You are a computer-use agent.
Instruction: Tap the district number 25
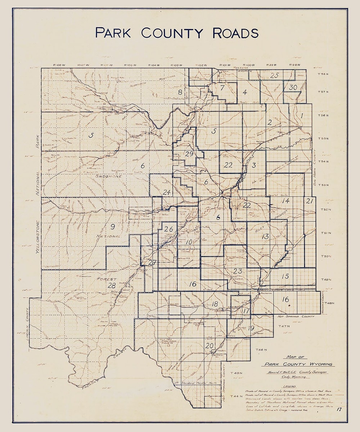pyautogui.click(x=274, y=75)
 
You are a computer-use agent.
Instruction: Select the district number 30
pyautogui.click(x=293, y=87)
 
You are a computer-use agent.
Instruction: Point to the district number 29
pyautogui.click(x=189, y=154)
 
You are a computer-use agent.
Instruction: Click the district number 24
pyautogui.click(x=166, y=192)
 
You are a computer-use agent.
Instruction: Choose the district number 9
pyautogui.click(x=113, y=226)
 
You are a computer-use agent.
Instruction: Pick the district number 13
pyautogui.click(x=265, y=236)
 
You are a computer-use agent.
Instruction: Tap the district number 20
pyautogui.click(x=209, y=345)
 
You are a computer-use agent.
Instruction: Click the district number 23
pyautogui.click(x=238, y=271)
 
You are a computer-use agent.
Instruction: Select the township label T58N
pyautogui.click(x=323, y=74)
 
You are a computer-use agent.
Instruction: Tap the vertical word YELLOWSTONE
pyautogui.click(x=37, y=234)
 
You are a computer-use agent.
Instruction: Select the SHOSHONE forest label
pyautogui.click(x=110, y=177)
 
